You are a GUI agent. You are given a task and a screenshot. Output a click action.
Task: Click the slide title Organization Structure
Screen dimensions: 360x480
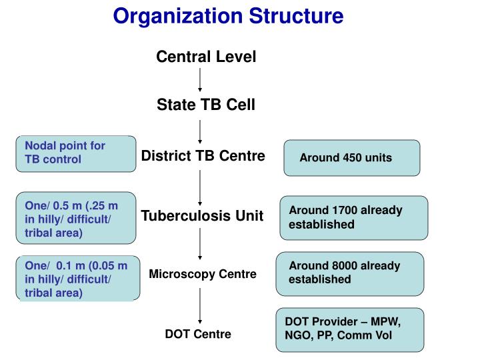[x=228, y=15]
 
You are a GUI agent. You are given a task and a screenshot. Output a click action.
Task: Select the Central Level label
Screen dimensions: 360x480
[x=206, y=57]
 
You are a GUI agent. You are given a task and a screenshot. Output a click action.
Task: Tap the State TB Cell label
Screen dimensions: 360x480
[x=205, y=105]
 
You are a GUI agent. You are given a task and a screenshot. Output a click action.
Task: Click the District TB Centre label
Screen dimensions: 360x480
[x=203, y=156]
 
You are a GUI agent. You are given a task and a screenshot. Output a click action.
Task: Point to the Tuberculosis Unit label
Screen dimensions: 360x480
[x=202, y=216]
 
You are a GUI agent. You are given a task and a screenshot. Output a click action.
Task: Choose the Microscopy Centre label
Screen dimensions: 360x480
[x=203, y=274]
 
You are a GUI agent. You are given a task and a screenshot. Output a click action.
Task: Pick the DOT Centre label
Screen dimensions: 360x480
[x=198, y=334]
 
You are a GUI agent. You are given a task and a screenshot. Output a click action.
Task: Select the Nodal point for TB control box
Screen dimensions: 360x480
[x=76, y=153]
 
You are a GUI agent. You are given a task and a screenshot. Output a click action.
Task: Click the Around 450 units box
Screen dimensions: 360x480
[x=352, y=158]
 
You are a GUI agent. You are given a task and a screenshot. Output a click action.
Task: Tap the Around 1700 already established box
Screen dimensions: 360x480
[x=352, y=217]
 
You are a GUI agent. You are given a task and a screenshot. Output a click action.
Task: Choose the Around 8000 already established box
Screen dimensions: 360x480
[x=350, y=273]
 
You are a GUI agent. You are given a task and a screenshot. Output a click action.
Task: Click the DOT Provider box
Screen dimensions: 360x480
[x=350, y=329]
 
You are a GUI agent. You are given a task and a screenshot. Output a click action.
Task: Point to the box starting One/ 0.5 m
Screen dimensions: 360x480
[x=76, y=219]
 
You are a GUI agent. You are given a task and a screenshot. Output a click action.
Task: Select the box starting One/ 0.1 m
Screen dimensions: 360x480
[x=78, y=278]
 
